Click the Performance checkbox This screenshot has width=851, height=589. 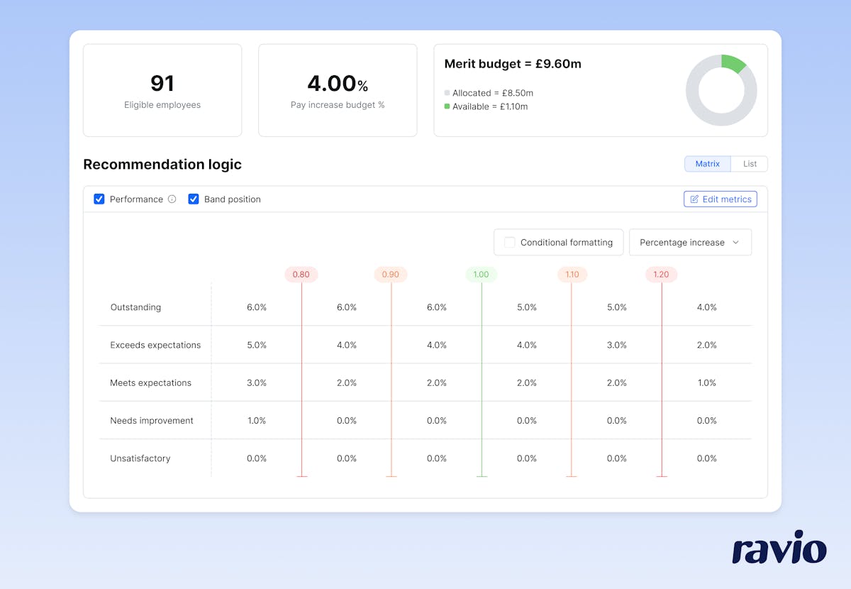coord(99,199)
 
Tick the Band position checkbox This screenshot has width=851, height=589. coord(194,199)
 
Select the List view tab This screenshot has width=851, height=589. coord(750,164)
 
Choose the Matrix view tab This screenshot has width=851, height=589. coord(707,164)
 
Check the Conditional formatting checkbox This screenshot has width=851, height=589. coord(510,243)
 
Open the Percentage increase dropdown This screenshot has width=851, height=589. coord(689,243)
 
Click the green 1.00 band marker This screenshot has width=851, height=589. coord(481,275)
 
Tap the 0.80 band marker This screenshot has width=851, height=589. coord(301,275)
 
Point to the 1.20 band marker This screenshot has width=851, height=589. coord(661,275)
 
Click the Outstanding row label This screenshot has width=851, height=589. coord(135,307)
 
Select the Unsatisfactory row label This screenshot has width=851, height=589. coord(140,458)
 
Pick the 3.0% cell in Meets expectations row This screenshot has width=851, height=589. coord(257,383)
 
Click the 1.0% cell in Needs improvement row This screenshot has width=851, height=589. coord(257,421)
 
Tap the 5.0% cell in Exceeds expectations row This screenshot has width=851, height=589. coord(257,346)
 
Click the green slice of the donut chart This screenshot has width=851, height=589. coord(733,63)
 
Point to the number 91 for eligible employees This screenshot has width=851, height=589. coord(162,84)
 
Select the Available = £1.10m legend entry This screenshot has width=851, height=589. coord(489,106)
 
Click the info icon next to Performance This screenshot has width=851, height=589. coord(172,199)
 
